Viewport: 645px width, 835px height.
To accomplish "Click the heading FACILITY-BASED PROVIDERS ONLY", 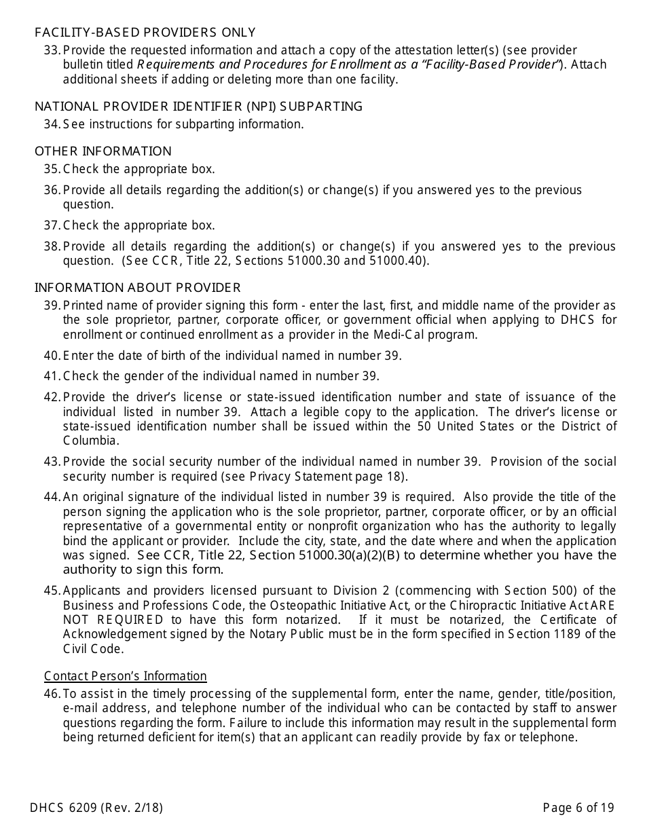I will pyautogui.click(x=145, y=33).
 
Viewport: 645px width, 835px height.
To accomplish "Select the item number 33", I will pyautogui.click(x=52, y=50).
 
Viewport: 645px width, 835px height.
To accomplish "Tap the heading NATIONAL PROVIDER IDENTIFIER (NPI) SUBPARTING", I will pyautogui.click(x=198, y=107).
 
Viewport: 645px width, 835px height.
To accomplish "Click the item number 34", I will pyautogui.click(x=52, y=124).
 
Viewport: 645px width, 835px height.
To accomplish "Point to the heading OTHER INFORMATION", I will pyautogui.click(x=103, y=151).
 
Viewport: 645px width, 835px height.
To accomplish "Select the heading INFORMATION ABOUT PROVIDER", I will pyautogui.click(x=138, y=288).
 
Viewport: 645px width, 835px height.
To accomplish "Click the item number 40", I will pyautogui.click(x=52, y=356).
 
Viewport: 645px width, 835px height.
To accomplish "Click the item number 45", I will pyautogui.click(x=52, y=591).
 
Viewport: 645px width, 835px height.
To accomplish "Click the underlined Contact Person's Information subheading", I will pyautogui.click(x=126, y=676).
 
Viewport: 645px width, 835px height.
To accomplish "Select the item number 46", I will pyautogui.click(x=52, y=694).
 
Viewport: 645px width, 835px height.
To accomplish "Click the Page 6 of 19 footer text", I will pyautogui.click(x=578, y=808).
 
